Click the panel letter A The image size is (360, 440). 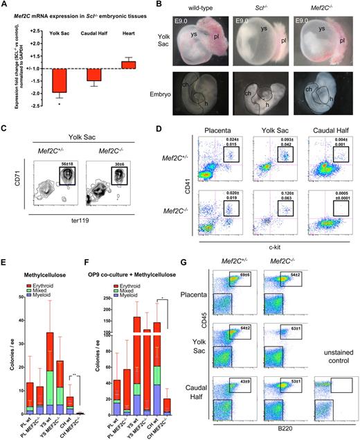pyautogui.click(x=5, y=6)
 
